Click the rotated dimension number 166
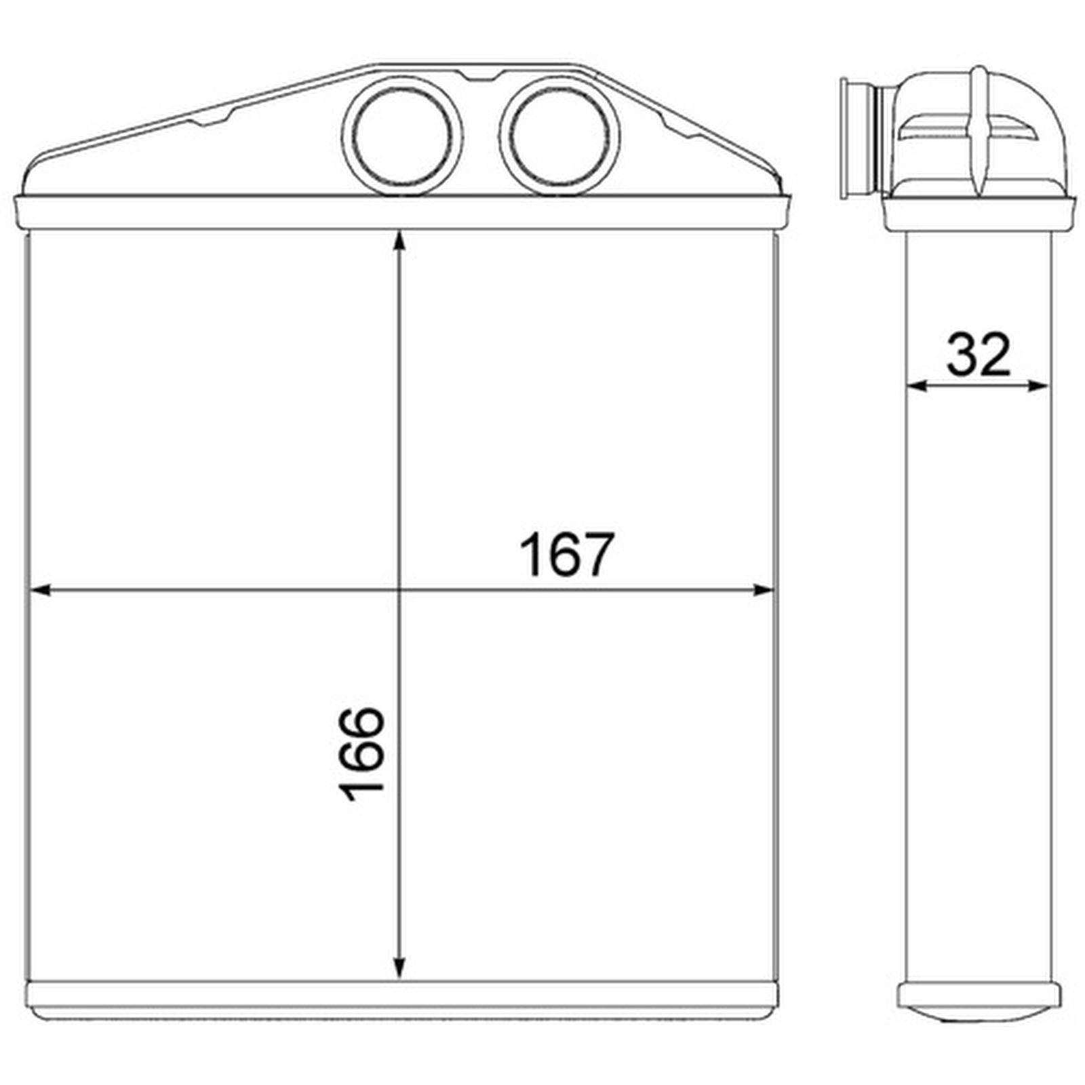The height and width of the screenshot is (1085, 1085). click(361, 755)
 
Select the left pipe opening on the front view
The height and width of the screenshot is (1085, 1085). click(403, 136)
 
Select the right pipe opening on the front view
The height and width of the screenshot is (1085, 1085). click(559, 136)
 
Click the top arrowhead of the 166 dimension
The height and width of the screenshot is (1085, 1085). click(399, 241)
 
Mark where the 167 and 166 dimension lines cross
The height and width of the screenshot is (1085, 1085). click(399, 590)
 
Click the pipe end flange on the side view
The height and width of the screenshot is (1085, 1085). click(846, 139)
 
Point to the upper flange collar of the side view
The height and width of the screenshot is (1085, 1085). click(980, 212)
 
